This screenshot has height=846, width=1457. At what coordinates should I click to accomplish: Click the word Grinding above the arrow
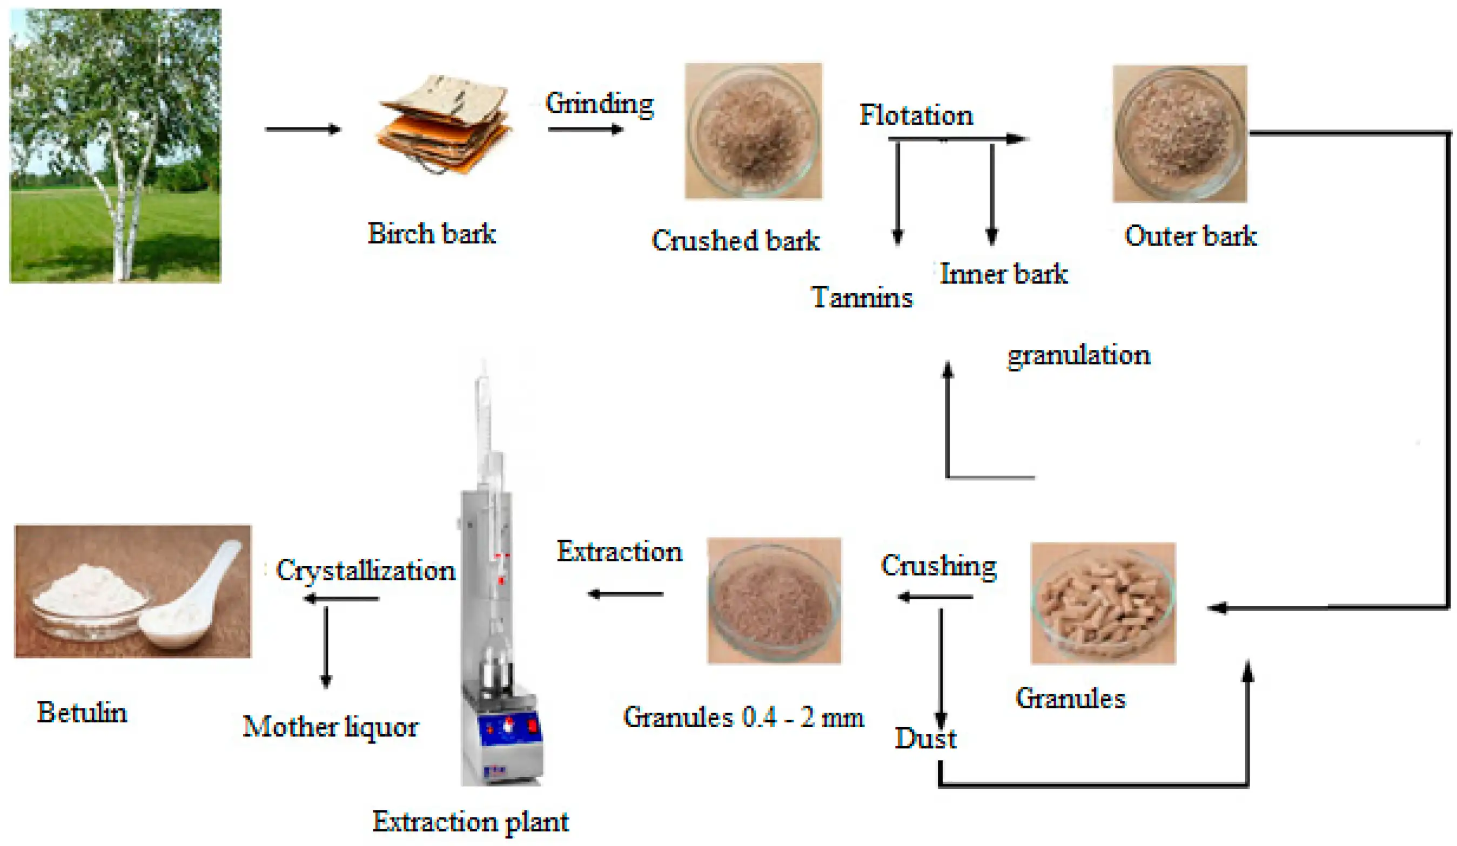(x=600, y=104)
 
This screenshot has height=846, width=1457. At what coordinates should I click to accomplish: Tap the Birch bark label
(x=431, y=234)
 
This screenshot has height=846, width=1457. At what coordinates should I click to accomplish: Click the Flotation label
(x=916, y=115)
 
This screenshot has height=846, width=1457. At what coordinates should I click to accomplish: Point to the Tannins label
(x=862, y=297)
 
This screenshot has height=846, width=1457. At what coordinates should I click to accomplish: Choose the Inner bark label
(x=1004, y=274)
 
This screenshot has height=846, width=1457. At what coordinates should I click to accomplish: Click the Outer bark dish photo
(x=1179, y=133)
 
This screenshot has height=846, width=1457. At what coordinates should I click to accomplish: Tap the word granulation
(x=1079, y=355)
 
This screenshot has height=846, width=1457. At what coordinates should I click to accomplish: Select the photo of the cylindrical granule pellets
(x=1103, y=603)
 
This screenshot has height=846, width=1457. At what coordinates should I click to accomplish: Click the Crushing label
(x=938, y=566)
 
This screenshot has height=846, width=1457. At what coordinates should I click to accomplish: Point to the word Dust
(x=925, y=739)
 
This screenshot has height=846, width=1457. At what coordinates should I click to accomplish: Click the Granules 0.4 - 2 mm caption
(x=743, y=718)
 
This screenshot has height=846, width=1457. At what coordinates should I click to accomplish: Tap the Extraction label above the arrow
(x=619, y=551)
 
